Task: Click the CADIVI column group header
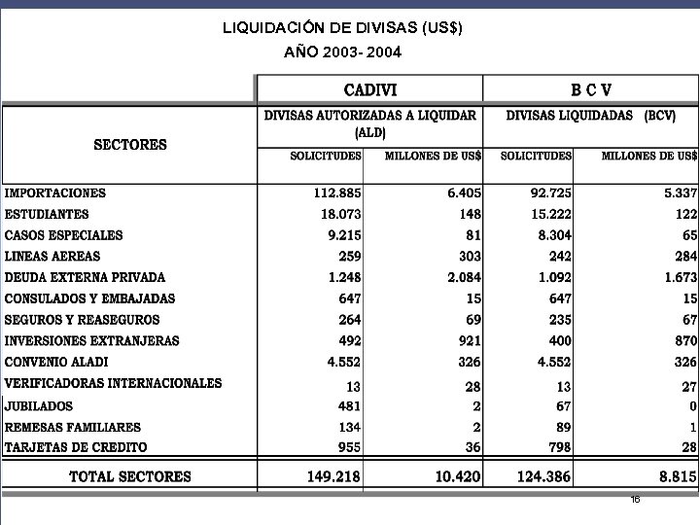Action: point(370,90)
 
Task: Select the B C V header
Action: point(590,90)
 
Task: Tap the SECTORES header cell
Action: point(130,145)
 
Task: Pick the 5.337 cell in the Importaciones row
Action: point(675,193)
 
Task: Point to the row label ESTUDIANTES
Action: point(47,214)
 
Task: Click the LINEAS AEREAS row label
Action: point(52,256)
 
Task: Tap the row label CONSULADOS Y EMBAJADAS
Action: point(90,298)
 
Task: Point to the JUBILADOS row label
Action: point(39,406)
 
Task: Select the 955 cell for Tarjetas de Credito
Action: point(349,447)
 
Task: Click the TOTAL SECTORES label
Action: point(130,476)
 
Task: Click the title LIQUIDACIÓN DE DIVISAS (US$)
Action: point(343,28)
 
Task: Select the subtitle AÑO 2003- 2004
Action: point(343,51)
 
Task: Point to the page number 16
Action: point(635,499)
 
